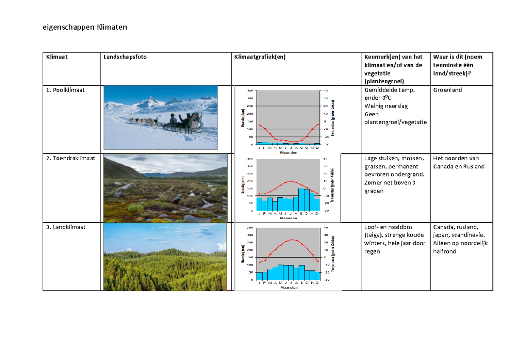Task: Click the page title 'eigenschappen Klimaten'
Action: pos(85,28)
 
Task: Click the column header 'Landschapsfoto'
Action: pos(125,57)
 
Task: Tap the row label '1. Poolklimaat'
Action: pos(66,90)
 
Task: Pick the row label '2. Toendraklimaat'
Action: pos(70,159)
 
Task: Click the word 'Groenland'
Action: pos(447,90)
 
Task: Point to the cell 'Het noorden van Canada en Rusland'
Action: pos(459,162)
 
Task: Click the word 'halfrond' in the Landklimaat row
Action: pos(445,251)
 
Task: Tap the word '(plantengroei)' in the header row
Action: pos(384,81)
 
